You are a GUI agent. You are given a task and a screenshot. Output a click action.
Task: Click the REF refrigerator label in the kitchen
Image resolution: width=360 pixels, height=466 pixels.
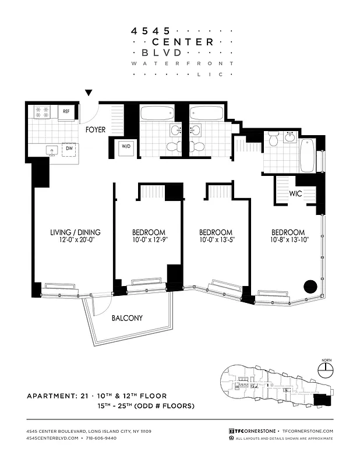66,111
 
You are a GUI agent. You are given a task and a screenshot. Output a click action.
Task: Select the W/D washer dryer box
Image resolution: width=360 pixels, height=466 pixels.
126,148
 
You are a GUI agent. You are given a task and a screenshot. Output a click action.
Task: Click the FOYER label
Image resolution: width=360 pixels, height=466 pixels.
96,130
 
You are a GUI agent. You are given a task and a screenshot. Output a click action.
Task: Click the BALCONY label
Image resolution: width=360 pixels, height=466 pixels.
127,318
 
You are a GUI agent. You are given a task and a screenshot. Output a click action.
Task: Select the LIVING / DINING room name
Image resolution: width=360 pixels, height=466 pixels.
72,232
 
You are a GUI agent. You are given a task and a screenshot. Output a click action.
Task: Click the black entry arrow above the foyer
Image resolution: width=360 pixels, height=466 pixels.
89,93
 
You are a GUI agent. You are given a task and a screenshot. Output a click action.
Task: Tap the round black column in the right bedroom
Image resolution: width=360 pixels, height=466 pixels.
310,287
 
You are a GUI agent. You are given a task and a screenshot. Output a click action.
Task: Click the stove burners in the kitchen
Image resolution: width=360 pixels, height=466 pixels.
43,111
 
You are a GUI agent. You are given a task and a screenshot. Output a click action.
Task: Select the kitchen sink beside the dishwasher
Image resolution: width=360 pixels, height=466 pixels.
52,150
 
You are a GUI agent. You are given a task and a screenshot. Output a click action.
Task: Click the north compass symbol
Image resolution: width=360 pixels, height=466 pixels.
325,368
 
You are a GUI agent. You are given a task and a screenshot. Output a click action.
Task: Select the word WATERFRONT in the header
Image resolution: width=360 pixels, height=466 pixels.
182,63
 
